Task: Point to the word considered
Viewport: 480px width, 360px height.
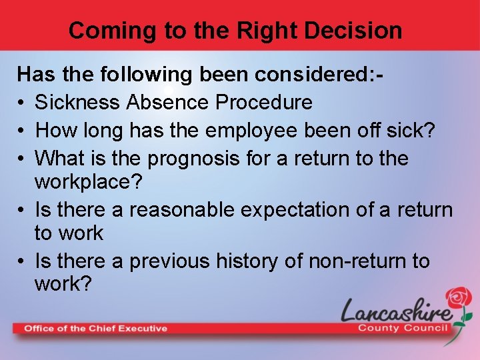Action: click(x=308, y=73)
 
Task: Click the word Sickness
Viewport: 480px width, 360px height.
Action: click(x=78, y=102)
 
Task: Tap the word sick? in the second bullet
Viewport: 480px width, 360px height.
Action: click(x=413, y=130)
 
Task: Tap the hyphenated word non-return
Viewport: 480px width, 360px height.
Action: click(x=350, y=261)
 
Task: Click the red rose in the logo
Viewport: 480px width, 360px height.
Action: click(x=459, y=301)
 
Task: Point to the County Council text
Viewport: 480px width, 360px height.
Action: click(x=403, y=328)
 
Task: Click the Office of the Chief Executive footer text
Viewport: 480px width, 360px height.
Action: click(x=96, y=328)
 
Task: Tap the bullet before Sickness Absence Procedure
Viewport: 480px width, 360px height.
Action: click(x=22, y=103)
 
